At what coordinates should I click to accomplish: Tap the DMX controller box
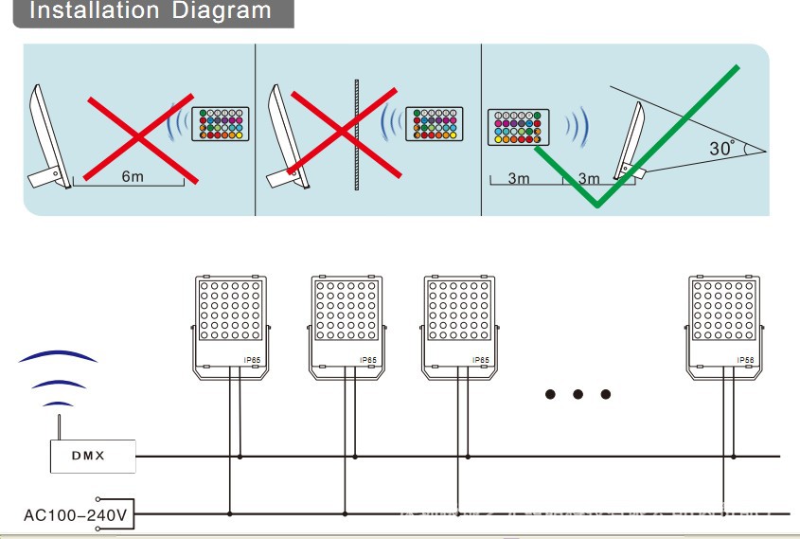point(92,456)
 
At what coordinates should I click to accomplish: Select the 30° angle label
point(721,149)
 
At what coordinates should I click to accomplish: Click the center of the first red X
point(140,137)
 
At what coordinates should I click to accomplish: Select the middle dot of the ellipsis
point(578,394)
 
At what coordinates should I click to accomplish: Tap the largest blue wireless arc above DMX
point(58,356)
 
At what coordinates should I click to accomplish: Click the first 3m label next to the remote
point(518,179)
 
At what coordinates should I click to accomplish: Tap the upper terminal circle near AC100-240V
point(98,499)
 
